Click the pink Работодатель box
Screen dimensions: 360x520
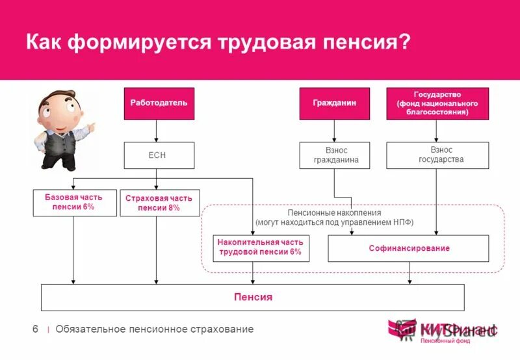tap(159, 103)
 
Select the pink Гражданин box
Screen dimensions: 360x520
tap(334, 103)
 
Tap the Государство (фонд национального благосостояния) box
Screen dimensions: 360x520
tap(436, 103)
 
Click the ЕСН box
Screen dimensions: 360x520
tap(159, 156)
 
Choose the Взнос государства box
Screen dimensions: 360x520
tap(436, 156)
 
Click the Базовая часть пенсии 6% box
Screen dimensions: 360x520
tap(73, 202)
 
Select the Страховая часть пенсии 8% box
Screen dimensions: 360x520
tap(160, 203)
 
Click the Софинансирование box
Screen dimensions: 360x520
tap(409, 248)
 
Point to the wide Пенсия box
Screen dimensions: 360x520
tap(253, 297)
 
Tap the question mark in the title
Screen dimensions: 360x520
tap(405, 43)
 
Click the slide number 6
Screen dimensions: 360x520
tap(35, 329)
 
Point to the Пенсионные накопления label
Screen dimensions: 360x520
tap(334, 212)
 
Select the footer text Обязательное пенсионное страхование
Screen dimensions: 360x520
tap(154, 329)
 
